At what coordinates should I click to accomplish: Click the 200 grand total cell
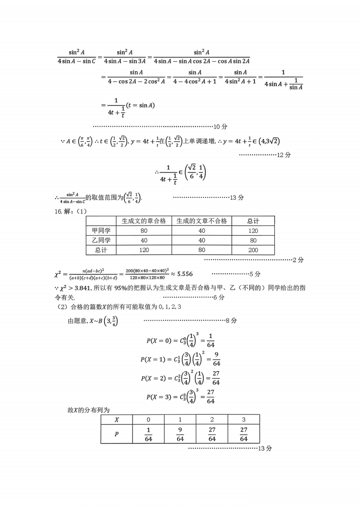253,250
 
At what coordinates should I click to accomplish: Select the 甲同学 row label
101,231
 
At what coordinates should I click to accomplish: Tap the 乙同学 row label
101,240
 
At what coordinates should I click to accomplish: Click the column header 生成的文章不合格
202,221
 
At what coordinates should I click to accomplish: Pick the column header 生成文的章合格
144,221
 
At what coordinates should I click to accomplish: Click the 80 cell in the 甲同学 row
144,231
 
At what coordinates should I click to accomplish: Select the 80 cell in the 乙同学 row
253,240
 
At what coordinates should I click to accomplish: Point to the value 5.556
185,274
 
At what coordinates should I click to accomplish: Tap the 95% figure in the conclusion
120,288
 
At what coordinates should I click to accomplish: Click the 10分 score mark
220,127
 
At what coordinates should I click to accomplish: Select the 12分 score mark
284,155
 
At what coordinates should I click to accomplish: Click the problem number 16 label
58,211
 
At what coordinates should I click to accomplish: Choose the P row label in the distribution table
116,434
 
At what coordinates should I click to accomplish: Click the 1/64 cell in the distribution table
148,434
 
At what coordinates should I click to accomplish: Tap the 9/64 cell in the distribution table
180,434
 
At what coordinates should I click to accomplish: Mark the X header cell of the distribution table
116,420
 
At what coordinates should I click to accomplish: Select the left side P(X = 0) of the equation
159,341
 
